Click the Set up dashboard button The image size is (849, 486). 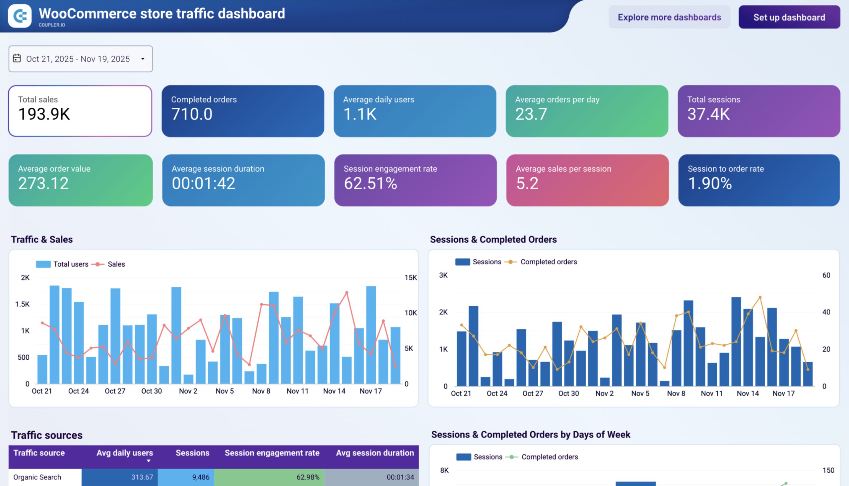(x=789, y=17)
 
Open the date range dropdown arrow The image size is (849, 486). (x=143, y=59)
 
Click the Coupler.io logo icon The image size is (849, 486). (x=20, y=16)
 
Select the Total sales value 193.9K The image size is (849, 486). (x=44, y=114)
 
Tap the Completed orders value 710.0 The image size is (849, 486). (x=192, y=114)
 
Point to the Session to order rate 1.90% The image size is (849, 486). (x=710, y=183)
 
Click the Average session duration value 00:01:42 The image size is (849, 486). (x=203, y=183)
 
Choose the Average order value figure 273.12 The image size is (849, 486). (x=43, y=183)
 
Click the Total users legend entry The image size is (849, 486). (x=62, y=264)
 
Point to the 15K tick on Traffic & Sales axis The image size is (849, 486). (x=410, y=277)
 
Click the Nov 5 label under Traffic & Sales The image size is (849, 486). (x=224, y=391)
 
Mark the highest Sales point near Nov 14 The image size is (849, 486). (x=347, y=293)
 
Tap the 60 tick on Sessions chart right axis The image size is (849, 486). (x=826, y=275)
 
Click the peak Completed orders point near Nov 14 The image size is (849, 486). (x=760, y=297)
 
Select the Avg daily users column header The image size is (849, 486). (x=124, y=453)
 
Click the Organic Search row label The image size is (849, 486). (x=37, y=477)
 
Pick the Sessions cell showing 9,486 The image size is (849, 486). (x=201, y=477)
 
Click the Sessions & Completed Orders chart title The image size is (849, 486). (x=493, y=239)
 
